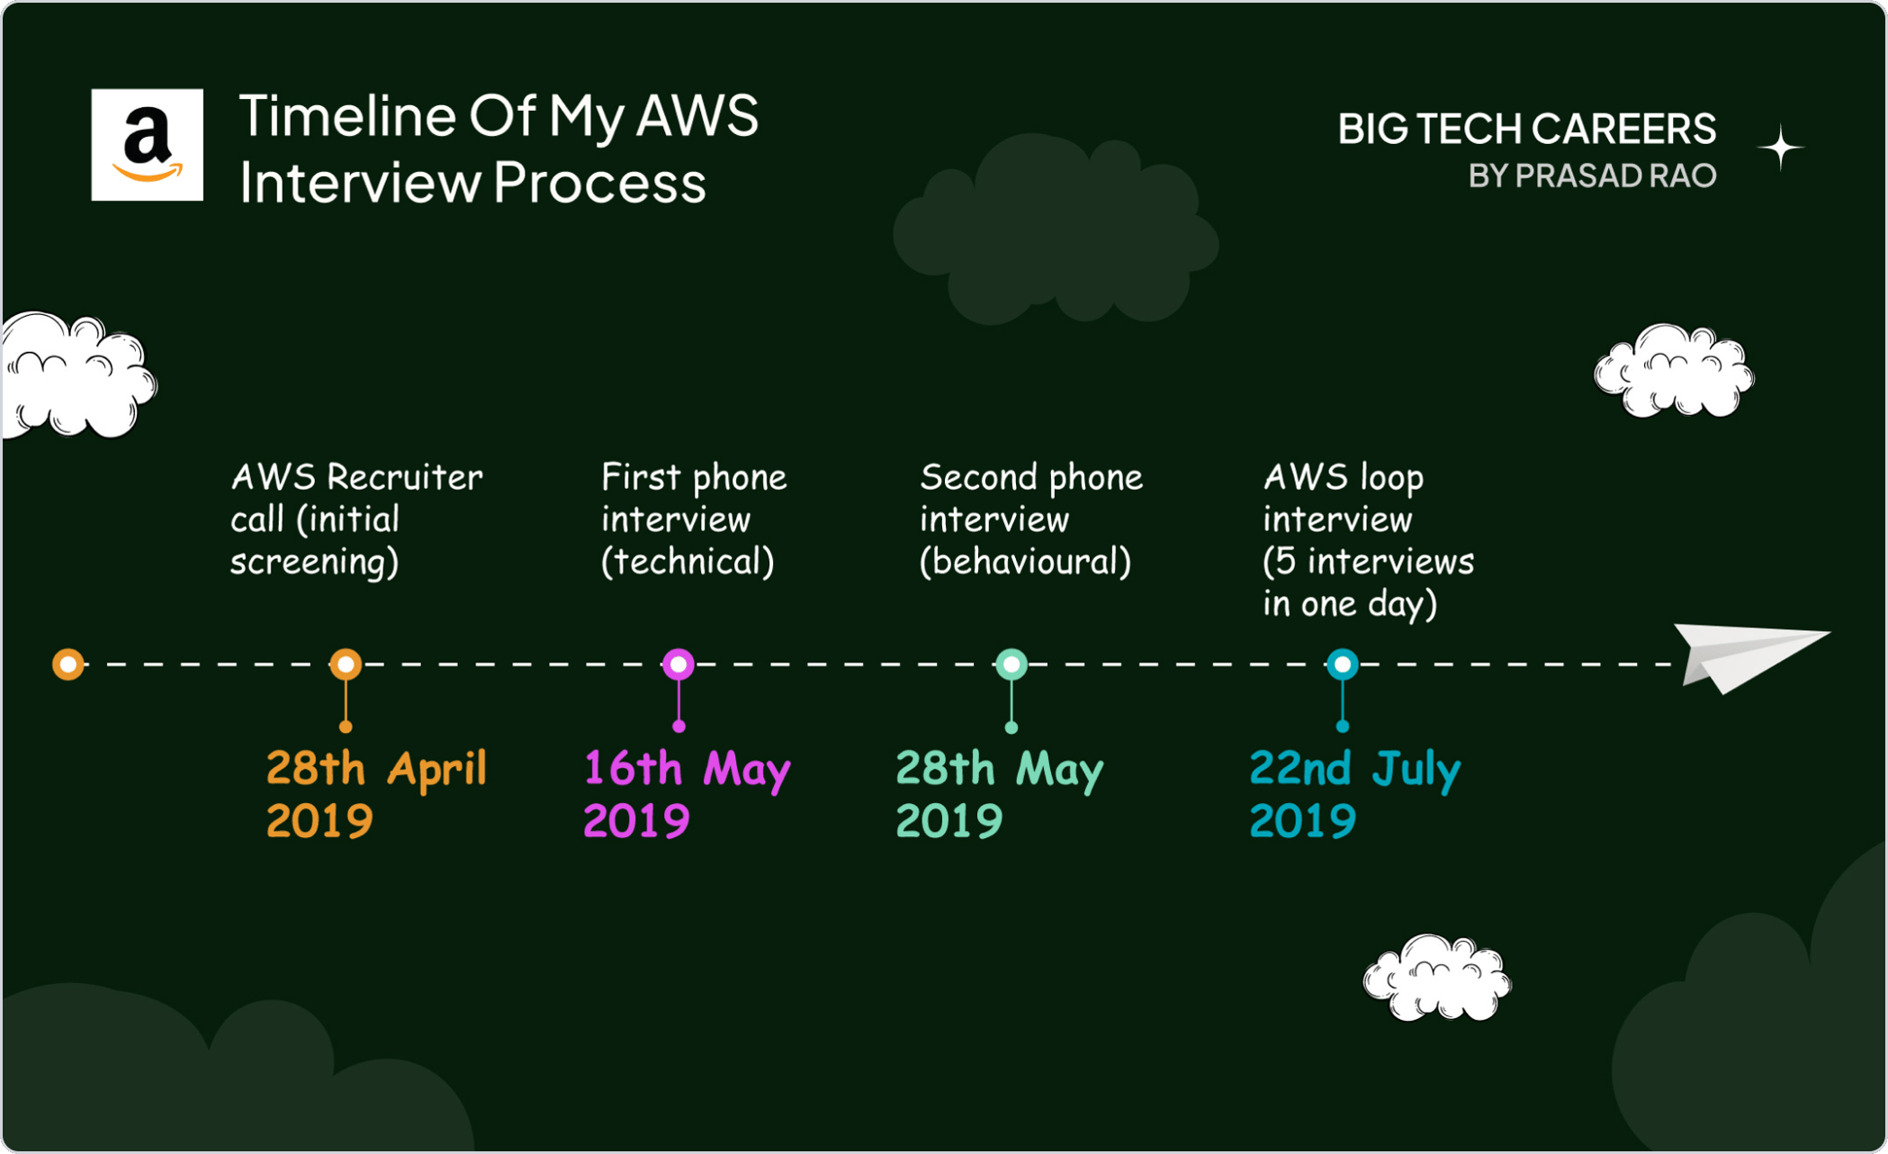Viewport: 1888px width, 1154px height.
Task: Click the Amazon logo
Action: click(147, 144)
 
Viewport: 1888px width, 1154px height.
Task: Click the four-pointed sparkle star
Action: click(1780, 149)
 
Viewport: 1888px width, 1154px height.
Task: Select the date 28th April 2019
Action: click(376, 794)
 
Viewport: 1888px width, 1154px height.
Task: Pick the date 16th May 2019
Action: click(687, 794)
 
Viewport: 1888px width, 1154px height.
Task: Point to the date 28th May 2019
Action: click(999, 794)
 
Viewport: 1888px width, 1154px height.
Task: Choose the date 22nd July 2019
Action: click(1354, 794)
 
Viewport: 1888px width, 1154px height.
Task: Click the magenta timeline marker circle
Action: click(679, 664)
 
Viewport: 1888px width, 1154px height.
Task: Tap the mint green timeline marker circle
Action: click(1011, 664)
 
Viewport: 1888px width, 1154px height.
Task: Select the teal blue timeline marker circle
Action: click(1343, 664)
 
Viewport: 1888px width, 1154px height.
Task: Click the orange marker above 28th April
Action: click(346, 664)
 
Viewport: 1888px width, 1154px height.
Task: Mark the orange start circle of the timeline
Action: click(68, 664)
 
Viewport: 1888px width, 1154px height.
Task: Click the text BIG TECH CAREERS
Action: click(1526, 129)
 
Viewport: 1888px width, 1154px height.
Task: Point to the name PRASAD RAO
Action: click(1615, 176)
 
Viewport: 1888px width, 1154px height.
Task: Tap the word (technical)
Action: click(688, 562)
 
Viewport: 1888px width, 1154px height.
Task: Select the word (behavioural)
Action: click(1025, 562)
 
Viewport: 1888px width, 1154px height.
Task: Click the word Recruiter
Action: click(405, 477)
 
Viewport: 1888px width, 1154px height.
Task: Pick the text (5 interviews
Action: click(1368, 562)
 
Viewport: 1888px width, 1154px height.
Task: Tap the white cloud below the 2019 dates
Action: click(1437, 978)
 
